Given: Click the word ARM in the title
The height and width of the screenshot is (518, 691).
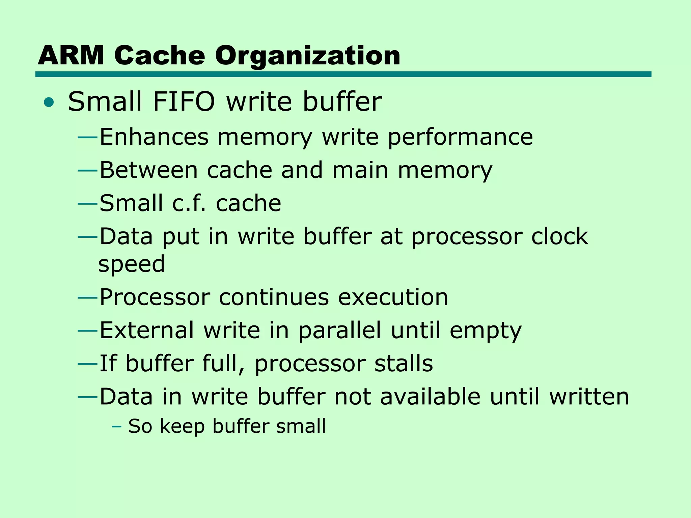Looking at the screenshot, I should [x=71, y=56].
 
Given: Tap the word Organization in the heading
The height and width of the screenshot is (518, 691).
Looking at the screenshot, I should [x=307, y=56].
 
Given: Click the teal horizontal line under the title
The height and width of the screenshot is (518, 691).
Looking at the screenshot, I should [x=343, y=74].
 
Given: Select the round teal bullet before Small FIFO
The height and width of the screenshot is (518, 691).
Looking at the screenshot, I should [x=49, y=102].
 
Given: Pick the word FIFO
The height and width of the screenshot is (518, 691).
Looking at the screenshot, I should [x=184, y=102].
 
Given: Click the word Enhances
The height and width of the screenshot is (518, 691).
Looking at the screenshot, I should [x=154, y=137].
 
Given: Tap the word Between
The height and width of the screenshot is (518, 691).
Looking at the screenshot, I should [x=148, y=170].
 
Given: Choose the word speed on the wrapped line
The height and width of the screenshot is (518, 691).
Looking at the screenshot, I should [x=132, y=264].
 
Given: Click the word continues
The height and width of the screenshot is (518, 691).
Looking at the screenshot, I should [x=274, y=297].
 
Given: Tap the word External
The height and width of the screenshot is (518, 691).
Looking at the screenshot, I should [x=147, y=330].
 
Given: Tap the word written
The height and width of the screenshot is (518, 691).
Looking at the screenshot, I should [x=589, y=397].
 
